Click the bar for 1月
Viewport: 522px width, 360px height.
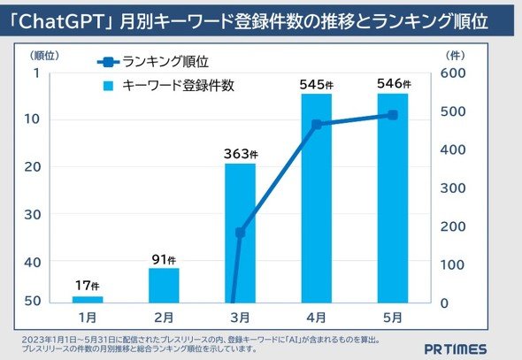click(88, 300)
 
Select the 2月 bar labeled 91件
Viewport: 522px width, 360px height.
click(164, 286)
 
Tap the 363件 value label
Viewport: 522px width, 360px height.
click(241, 154)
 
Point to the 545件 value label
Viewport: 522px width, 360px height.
click(316, 85)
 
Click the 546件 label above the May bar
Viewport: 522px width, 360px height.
click(394, 83)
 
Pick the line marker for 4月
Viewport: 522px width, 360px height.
click(317, 125)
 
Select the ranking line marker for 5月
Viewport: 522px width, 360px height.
click(393, 115)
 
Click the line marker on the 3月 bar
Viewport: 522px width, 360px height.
click(240, 233)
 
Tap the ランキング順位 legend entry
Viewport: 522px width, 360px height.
click(153, 62)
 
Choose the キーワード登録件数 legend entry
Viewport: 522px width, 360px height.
click(169, 86)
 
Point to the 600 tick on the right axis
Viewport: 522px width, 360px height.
click(453, 73)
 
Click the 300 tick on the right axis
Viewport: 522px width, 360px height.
click(453, 188)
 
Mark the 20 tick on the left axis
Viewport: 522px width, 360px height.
click(32, 166)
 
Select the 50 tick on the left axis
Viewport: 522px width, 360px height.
click(32, 301)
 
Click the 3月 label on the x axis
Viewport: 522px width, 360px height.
click(240, 318)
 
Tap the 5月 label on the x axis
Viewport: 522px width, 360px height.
click(393, 318)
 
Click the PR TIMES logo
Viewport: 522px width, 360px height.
click(456, 349)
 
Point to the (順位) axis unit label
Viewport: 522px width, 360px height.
click(44, 56)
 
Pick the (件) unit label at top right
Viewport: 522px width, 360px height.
click(455, 56)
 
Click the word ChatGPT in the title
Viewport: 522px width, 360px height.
click(62, 21)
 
